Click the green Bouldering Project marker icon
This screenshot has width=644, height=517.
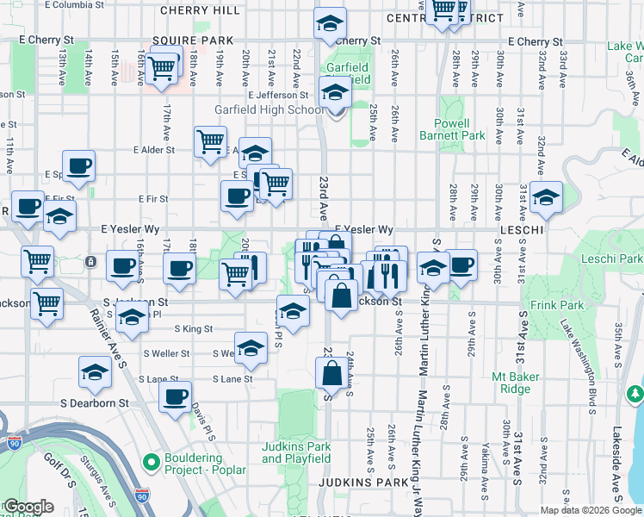[x=152, y=463]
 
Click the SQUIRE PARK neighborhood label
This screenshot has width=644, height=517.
[x=205, y=40]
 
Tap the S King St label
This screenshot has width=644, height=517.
[x=193, y=328]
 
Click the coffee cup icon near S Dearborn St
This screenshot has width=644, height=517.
[x=176, y=397]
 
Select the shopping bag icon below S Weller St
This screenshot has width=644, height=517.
[x=331, y=374]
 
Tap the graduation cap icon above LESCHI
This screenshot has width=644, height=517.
[x=546, y=197]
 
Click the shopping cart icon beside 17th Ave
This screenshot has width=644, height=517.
[x=161, y=69]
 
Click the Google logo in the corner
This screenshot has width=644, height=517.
[x=28, y=507]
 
